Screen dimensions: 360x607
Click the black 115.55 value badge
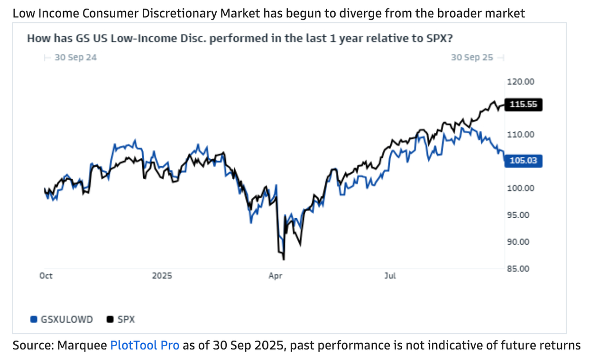point(524,104)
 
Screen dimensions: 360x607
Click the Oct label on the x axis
point(46,276)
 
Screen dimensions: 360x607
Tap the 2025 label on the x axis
point(162,276)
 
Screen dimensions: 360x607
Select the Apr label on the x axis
point(275,276)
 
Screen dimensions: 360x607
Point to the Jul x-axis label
point(390,276)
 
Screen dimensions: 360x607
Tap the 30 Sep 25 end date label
point(472,57)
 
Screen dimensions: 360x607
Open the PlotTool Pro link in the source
point(145,345)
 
